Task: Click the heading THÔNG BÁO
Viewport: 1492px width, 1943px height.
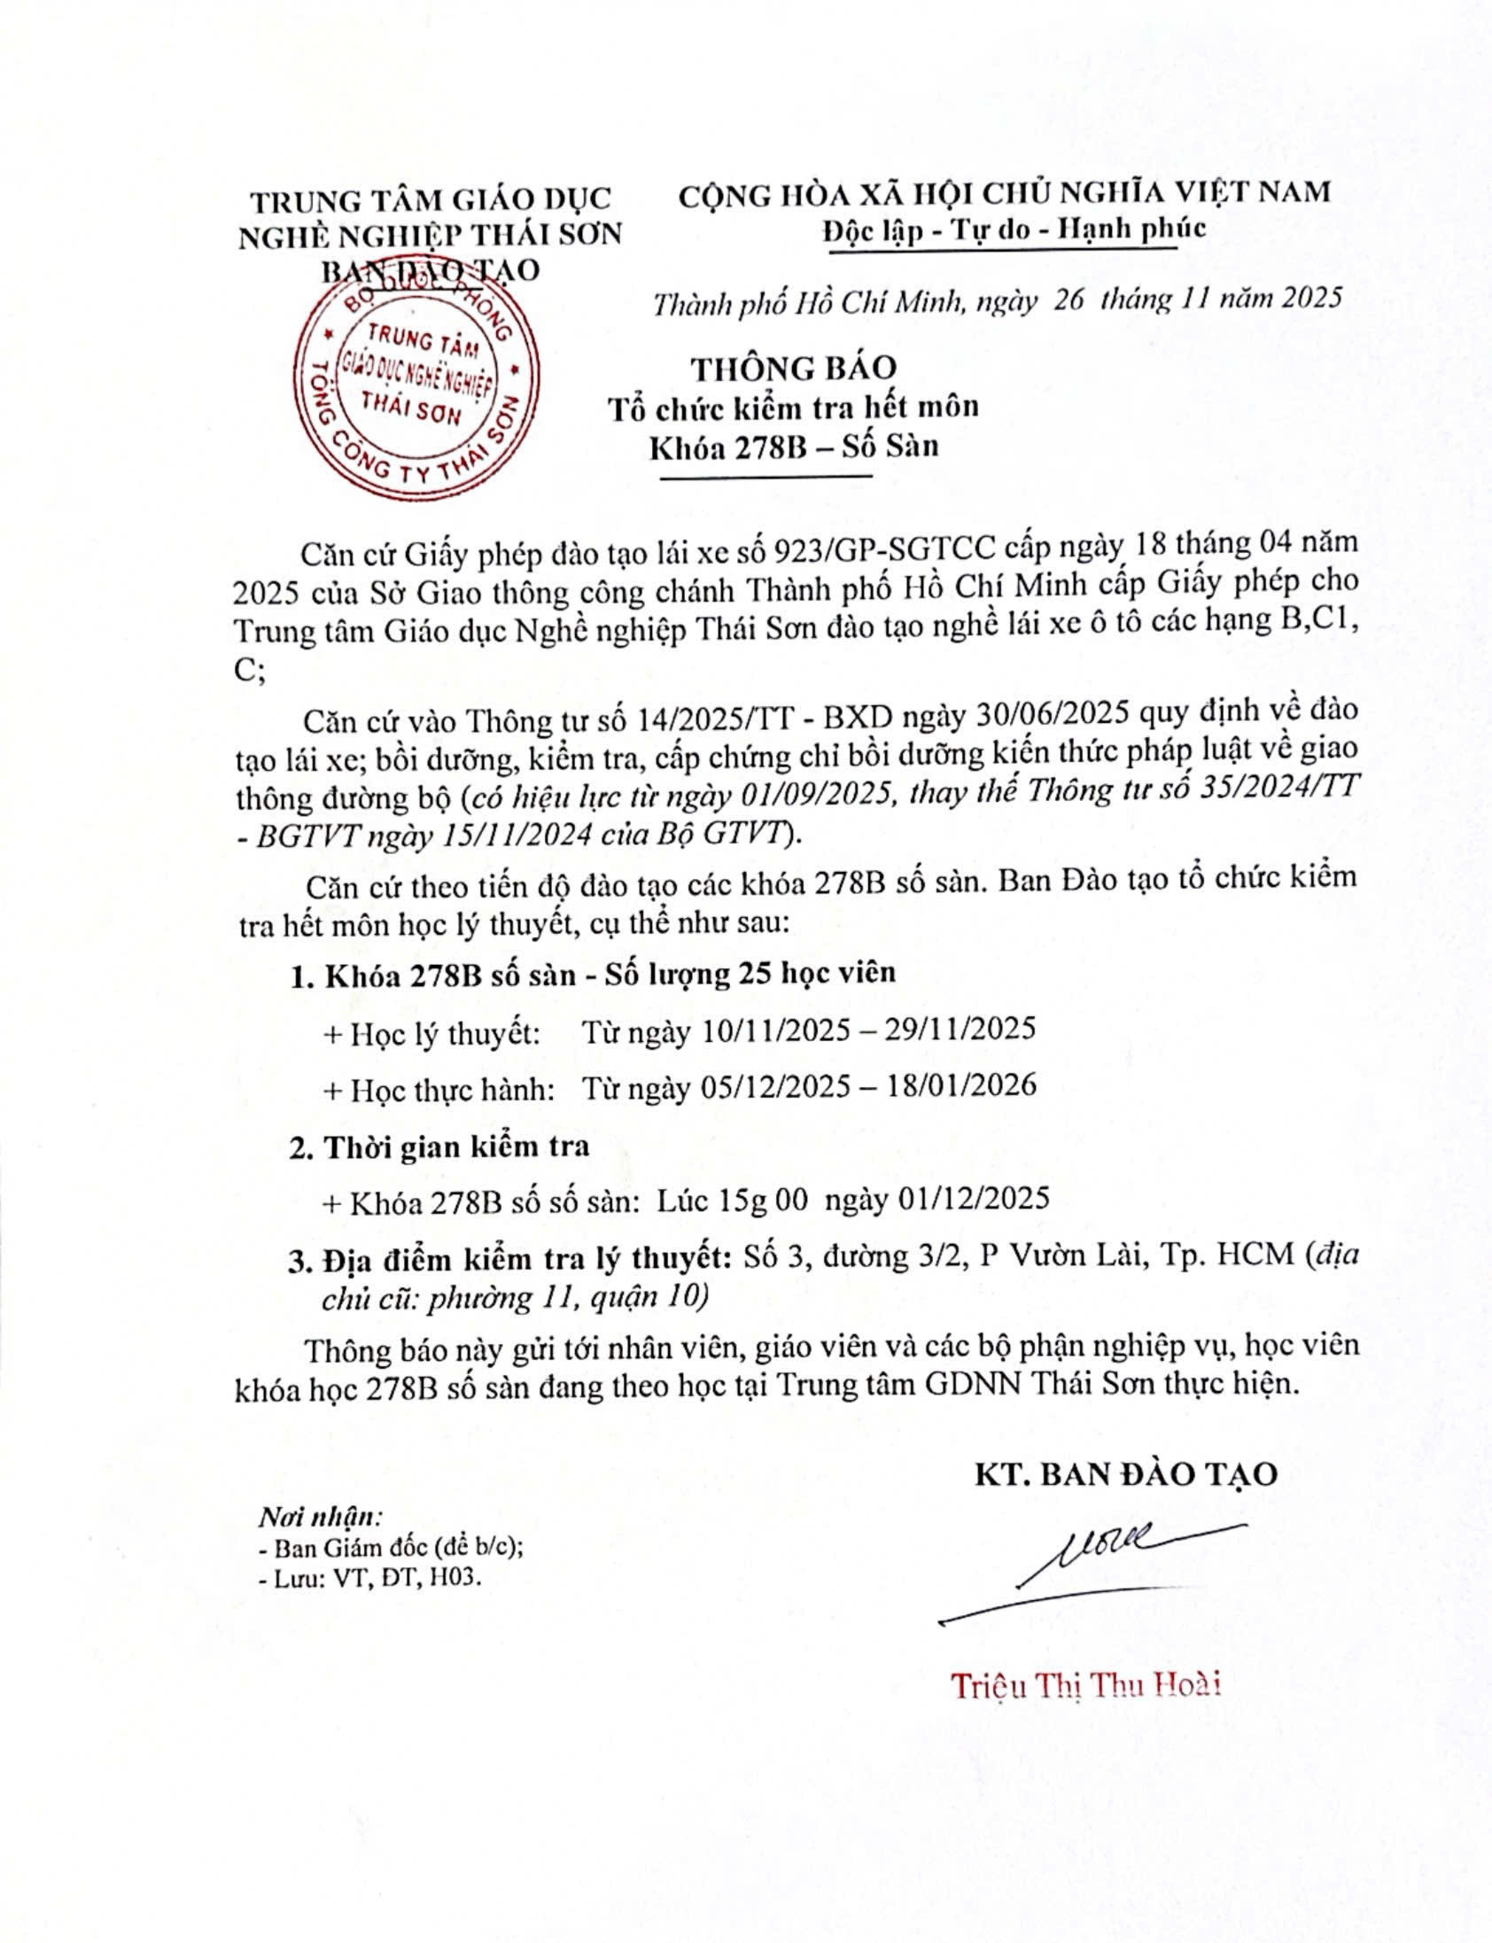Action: pyautogui.click(x=794, y=368)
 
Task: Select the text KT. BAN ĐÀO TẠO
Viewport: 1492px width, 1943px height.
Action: pyautogui.click(x=1125, y=1473)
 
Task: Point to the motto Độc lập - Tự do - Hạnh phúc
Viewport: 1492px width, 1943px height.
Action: pyautogui.click(x=1014, y=229)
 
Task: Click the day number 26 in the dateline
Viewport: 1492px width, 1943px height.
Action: pyautogui.click(x=1070, y=300)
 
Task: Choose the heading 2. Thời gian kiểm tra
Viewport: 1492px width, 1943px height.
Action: pyautogui.click(x=439, y=1146)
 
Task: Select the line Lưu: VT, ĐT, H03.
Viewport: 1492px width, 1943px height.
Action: pyautogui.click(x=373, y=1577)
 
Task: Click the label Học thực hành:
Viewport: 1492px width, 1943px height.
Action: pyautogui.click(x=440, y=1089)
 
